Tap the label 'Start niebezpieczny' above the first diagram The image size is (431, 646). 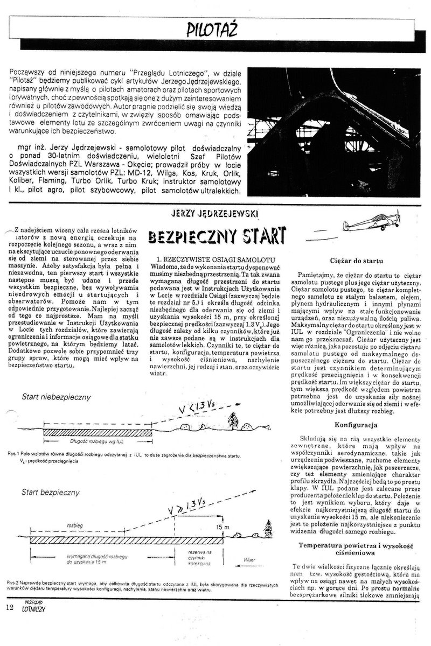[55, 397]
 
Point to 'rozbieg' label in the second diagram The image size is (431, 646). [74, 525]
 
